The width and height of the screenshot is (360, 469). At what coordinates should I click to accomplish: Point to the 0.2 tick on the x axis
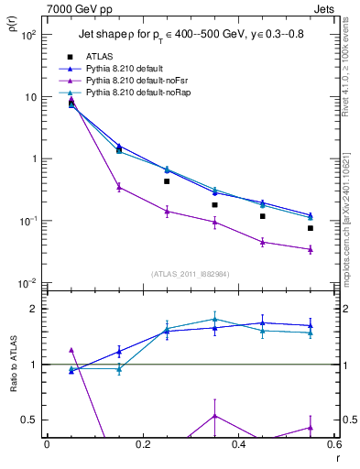[142, 443]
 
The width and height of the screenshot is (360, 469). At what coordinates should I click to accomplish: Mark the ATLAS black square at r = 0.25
[167, 181]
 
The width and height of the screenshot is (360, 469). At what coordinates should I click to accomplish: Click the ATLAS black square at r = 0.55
[311, 228]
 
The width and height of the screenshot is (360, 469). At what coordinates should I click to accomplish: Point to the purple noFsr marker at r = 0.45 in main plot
[262, 242]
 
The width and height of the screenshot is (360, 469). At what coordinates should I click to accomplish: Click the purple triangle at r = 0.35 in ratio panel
[214, 416]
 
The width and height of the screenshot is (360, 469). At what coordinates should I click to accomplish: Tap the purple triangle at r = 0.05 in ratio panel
[71, 350]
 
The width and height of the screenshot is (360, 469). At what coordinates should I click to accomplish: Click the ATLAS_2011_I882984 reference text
[191, 273]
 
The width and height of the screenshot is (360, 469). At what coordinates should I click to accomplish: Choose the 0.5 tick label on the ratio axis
[29, 420]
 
